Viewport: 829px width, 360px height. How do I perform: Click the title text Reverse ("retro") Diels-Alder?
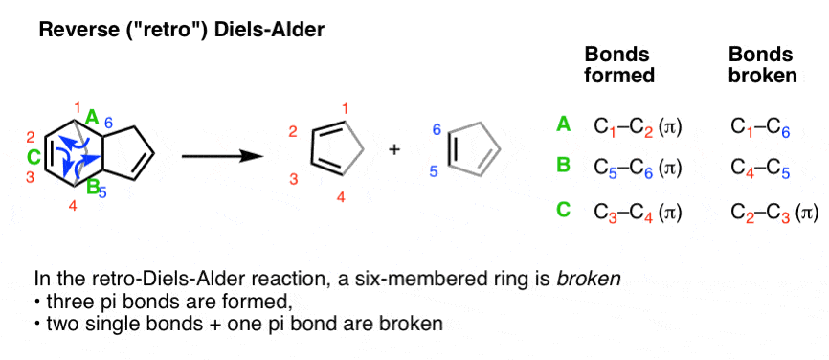[181, 31]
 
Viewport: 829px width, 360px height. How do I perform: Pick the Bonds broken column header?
[762, 63]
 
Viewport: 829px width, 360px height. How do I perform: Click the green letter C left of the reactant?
[34, 155]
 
